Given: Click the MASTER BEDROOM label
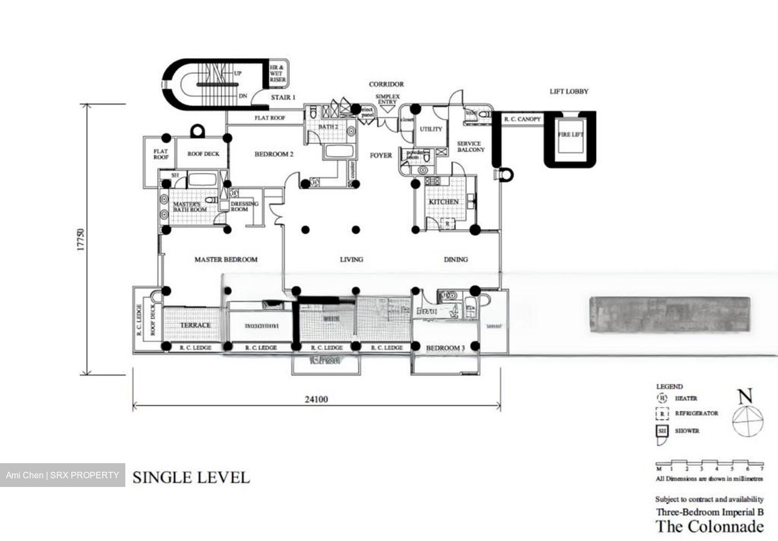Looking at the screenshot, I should pyautogui.click(x=226, y=259).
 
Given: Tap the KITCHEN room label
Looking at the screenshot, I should pyautogui.click(x=444, y=202).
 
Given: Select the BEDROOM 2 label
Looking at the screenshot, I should pyautogui.click(x=274, y=154).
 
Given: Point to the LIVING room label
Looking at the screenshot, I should pyautogui.click(x=351, y=259).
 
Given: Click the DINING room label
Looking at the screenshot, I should pyautogui.click(x=455, y=259).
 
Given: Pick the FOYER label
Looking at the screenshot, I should pyautogui.click(x=381, y=155).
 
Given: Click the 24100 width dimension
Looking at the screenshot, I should pyautogui.click(x=316, y=399).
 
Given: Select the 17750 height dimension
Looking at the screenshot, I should pyautogui.click(x=81, y=240).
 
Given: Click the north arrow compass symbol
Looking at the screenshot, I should pyautogui.click(x=748, y=416).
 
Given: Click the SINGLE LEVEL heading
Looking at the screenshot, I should pyautogui.click(x=191, y=477).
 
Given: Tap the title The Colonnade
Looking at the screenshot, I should pyautogui.click(x=709, y=526).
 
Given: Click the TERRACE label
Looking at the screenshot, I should pyautogui.click(x=195, y=325).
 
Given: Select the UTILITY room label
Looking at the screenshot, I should pyautogui.click(x=431, y=129).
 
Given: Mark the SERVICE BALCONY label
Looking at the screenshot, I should pyautogui.click(x=471, y=146).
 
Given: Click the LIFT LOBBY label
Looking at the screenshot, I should pyautogui.click(x=569, y=91).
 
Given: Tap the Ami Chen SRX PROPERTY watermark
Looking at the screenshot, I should pyautogui.click(x=63, y=475).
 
